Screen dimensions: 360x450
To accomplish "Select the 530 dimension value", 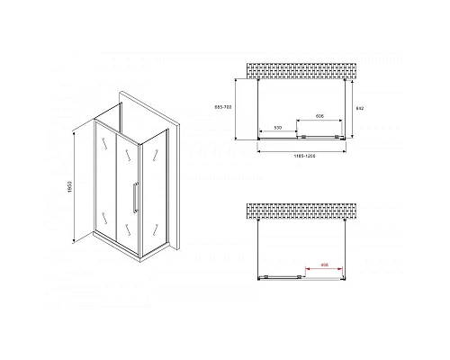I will click(279, 129).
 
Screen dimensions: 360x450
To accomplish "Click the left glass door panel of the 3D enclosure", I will click(107, 180).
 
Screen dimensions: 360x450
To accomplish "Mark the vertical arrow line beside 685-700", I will click(238, 109).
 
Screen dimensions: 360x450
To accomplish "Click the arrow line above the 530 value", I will click(279, 134).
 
